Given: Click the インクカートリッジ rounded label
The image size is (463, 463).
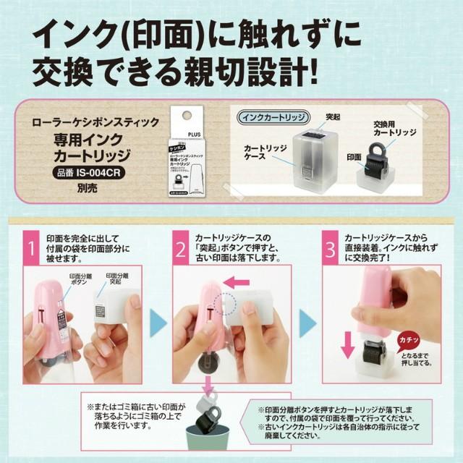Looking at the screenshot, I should [x=273, y=116].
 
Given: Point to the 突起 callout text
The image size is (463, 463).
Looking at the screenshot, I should [x=334, y=116].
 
